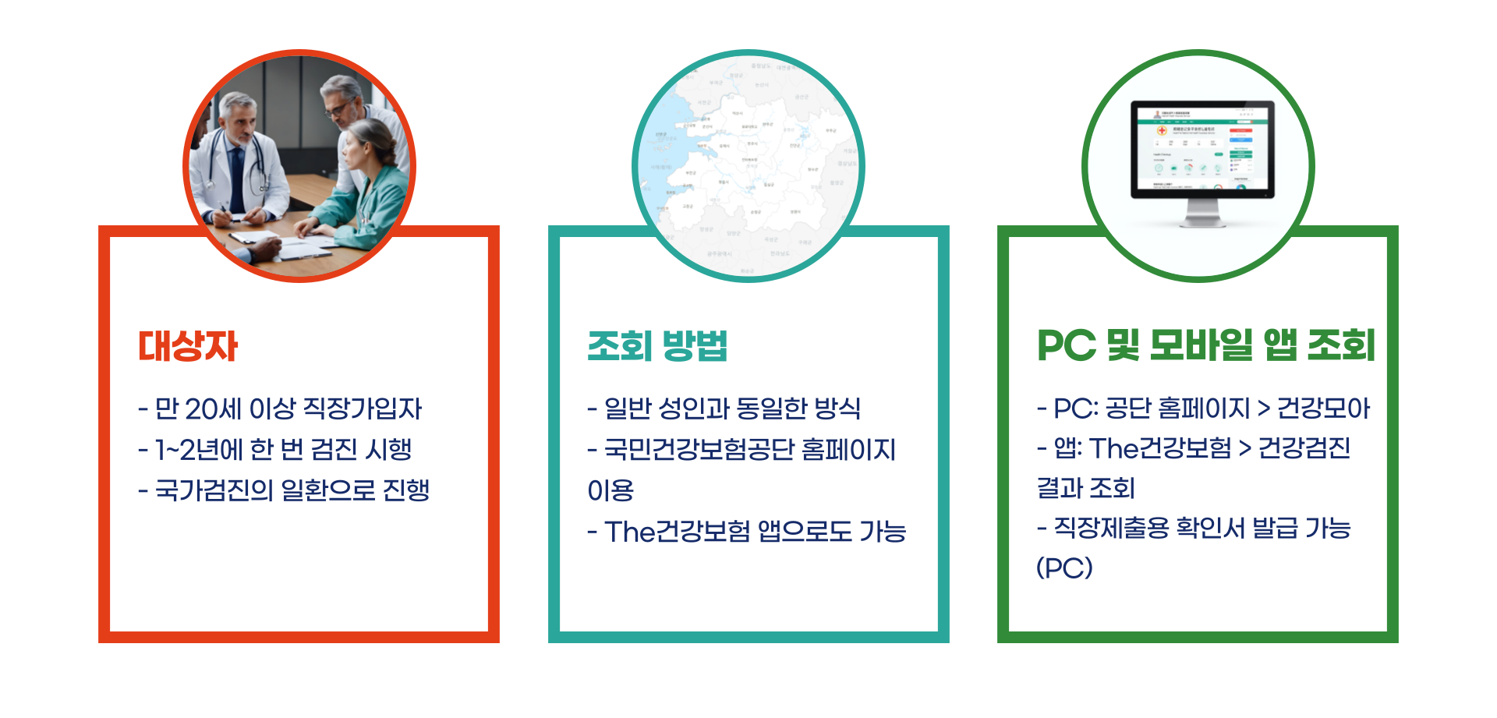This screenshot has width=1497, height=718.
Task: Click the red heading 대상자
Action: [x=188, y=346]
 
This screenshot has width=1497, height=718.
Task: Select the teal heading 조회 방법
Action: [x=657, y=346]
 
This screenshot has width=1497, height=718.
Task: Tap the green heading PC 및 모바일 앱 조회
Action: [x=1205, y=346]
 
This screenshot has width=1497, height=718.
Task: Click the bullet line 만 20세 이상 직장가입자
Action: [x=281, y=409]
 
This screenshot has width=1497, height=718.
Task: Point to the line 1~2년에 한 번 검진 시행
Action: [x=275, y=449]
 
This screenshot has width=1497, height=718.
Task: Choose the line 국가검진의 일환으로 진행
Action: [x=285, y=490]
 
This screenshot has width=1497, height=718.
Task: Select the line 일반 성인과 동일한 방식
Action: [x=724, y=409]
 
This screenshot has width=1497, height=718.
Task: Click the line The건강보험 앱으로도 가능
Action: [x=747, y=532]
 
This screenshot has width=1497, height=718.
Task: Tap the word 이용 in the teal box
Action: [x=610, y=491]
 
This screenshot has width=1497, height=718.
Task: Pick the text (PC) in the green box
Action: [x=1064, y=568]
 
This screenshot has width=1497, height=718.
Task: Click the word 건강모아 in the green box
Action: [x=1323, y=409]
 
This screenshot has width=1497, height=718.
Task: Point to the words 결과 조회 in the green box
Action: [x=1085, y=489]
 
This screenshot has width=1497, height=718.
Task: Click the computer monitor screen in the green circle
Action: [x=1201, y=150]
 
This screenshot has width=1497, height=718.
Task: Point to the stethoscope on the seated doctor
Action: [x=257, y=164]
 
